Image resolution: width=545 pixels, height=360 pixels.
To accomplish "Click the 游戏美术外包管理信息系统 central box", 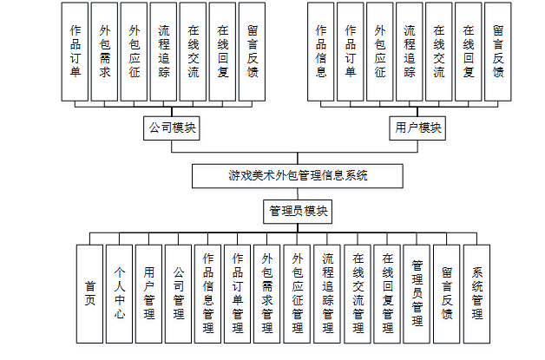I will (298, 174).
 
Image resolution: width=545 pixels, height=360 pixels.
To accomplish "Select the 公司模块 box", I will (171, 128).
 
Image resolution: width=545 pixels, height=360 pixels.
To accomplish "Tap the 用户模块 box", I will (418, 128).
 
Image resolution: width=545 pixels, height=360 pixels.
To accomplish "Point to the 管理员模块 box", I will (298, 211).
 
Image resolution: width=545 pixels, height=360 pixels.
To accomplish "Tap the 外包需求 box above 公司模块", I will (105, 51).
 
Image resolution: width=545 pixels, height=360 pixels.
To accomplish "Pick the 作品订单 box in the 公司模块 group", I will (76, 51).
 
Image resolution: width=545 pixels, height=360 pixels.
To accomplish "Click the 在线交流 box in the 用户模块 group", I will (439, 51).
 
